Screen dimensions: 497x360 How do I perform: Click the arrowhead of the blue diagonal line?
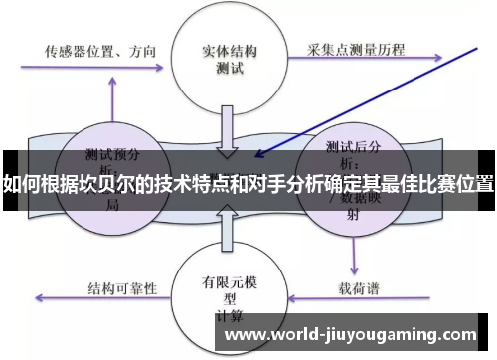[260, 153]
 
